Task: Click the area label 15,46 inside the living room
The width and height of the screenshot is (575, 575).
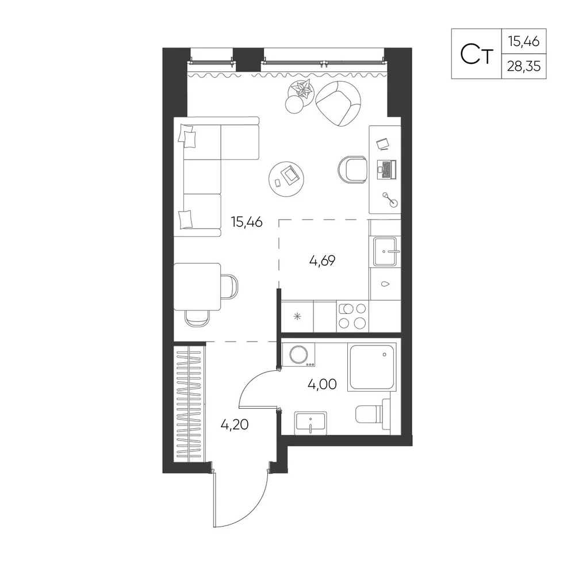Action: tap(247, 222)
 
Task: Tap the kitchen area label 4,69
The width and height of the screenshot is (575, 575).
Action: tap(323, 260)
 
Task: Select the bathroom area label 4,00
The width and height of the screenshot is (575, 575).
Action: tap(323, 384)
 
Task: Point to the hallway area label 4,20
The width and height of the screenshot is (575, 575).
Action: tap(235, 425)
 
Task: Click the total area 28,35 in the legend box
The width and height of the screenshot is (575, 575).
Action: tap(524, 66)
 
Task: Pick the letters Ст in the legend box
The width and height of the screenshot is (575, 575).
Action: tap(476, 55)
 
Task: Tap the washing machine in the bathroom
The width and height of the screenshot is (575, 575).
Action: tap(298, 355)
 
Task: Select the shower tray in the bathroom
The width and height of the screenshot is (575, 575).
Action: tap(373, 367)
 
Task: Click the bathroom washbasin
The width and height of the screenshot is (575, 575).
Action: tap(310, 423)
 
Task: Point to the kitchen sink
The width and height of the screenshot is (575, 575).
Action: tap(385, 252)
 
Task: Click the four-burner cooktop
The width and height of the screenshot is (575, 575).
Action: tap(352, 316)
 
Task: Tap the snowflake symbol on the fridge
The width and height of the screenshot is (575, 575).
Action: tap(297, 316)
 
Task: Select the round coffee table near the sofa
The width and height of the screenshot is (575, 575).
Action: tap(286, 179)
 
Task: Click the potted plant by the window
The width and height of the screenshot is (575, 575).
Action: tap(301, 90)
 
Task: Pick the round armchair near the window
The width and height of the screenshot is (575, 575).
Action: tap(338, 103)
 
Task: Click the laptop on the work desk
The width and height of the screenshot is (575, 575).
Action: tap(387, 170)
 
